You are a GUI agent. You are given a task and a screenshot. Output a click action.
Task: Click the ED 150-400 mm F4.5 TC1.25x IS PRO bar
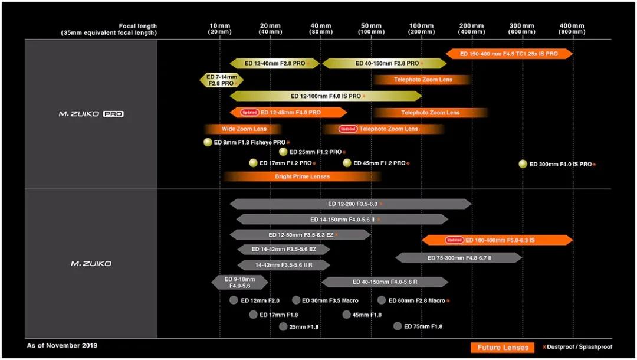(509, 54)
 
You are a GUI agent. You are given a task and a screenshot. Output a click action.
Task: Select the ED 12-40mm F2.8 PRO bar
(275, 63)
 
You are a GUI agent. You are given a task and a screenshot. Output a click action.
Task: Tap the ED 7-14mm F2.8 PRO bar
(221, 80)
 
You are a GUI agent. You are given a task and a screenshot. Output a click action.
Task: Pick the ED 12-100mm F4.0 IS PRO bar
(326, 96)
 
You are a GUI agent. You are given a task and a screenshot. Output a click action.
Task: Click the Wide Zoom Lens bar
(243, 129)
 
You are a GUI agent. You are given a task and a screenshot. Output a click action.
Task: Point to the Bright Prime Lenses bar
(302, 176)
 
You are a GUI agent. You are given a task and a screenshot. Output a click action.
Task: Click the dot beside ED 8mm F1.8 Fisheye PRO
(208, 142)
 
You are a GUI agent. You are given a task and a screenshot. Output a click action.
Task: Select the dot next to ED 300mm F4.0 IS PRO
(523, 163)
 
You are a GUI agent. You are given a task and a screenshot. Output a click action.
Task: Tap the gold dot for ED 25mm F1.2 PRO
(283, 152)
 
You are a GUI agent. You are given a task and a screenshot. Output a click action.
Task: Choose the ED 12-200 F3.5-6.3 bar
(350, 204)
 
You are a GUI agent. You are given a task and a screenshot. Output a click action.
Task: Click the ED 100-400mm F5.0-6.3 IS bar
(497, 240)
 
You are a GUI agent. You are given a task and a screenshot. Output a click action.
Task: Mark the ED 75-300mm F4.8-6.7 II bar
(459, 258)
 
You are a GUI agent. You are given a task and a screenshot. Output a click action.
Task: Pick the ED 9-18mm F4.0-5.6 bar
(239, 282)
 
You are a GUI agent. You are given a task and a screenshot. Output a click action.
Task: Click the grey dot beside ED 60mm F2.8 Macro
(382, 300)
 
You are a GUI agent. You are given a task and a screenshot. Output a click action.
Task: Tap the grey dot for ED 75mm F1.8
(398, 326)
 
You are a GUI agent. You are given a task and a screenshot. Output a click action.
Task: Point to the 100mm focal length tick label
(421, 29)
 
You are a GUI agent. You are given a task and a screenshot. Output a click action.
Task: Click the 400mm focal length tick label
(572, 29)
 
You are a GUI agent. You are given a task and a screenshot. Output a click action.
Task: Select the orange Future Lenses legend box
(503, 348)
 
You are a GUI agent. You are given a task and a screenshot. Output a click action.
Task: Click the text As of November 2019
(62, 345)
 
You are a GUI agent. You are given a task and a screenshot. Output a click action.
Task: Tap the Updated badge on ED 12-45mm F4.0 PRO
(249, 113)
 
